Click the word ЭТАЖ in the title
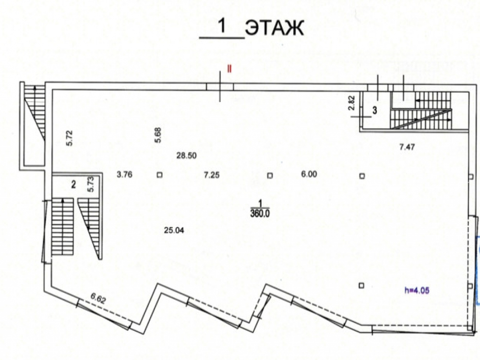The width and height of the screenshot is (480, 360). click(274, 28)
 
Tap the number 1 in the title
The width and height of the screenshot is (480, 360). click(222, 27)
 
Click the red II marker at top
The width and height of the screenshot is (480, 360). click(229, 69)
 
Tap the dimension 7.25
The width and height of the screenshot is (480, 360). click(212, 175)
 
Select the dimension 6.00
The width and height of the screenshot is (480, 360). click(309, 175)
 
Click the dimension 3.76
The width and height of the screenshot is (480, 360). click(124, 175)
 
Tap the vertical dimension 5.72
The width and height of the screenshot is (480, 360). click(69, 138)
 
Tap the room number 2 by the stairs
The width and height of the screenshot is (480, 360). click(73, 184)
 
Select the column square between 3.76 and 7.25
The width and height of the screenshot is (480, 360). click(159, 175)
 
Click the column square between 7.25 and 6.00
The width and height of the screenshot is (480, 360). click(270, 175)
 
